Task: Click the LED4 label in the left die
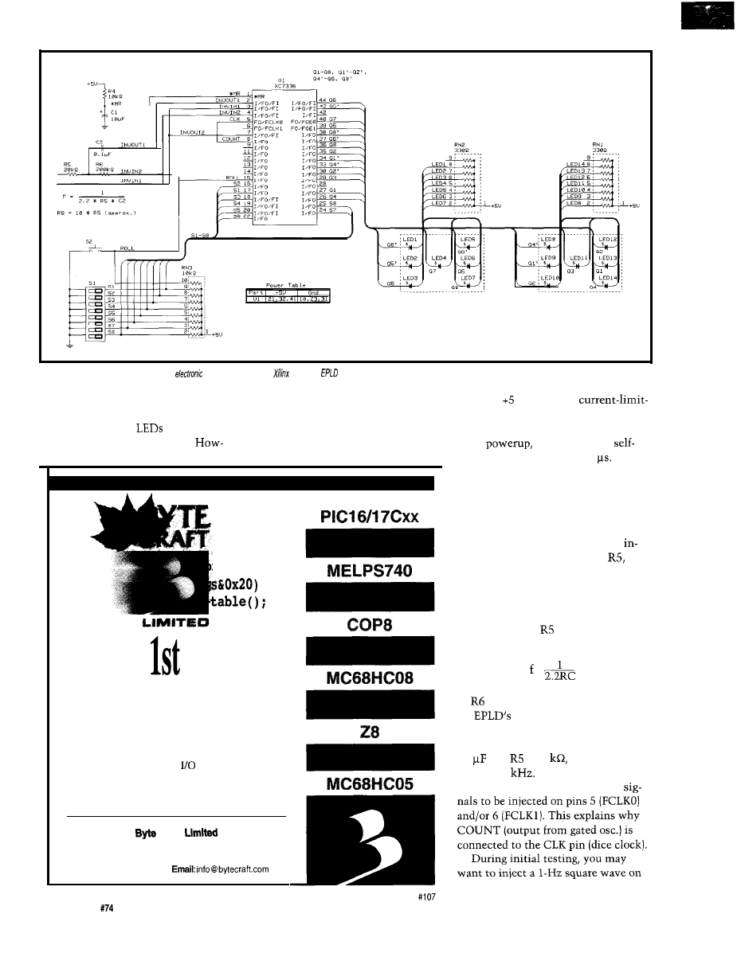pyautogui.click(x=439, y=258)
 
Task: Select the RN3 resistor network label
pyautogui.click(x=188, y=268)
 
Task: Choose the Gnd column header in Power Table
pyautogui.click(x=312, y=291)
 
